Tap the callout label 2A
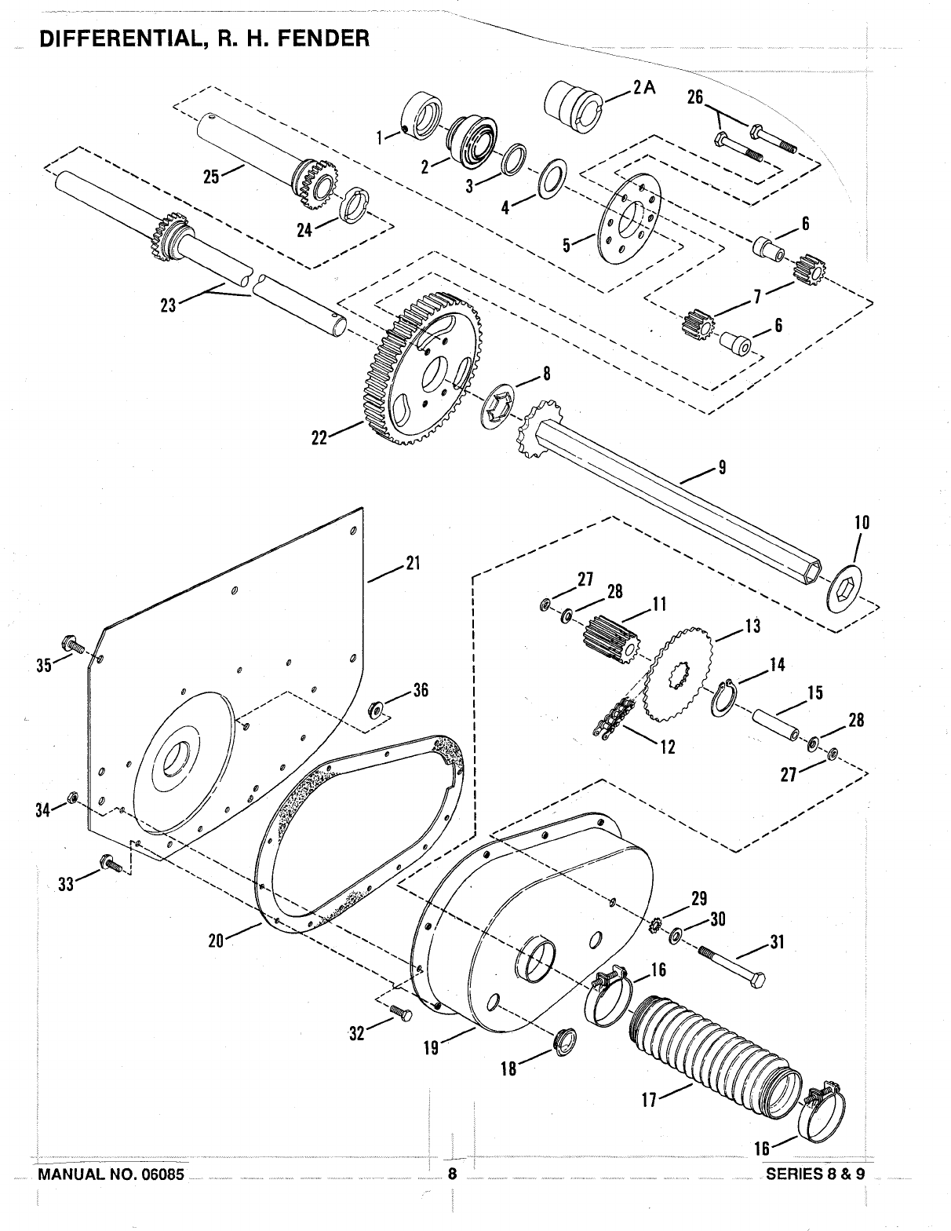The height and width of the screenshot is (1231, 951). click(x=643, y=89)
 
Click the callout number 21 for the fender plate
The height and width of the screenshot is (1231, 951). click(x=413, y=563)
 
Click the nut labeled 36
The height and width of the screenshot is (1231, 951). click(x=374, y=707)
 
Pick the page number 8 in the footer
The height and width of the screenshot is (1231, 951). click(x=452, y=1174)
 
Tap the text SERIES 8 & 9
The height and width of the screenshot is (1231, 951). click(x=815, y=1173)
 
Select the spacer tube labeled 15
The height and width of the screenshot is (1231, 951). click(x=775, y=724)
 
